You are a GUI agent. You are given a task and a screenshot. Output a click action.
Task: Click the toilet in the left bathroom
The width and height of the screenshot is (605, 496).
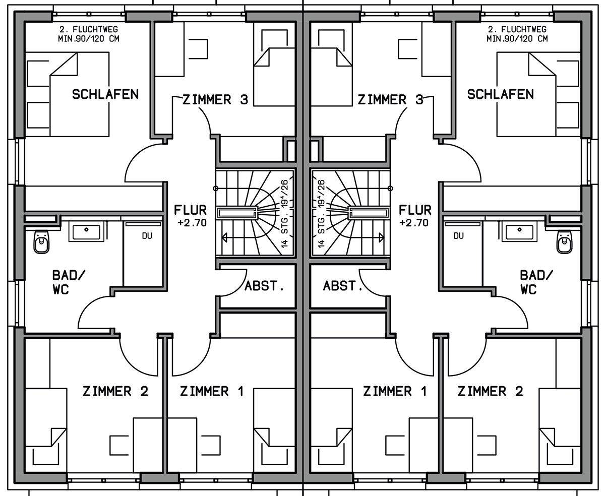(x=42, y=242)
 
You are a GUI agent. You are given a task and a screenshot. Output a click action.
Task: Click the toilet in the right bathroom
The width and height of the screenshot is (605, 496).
(x=565, y=242)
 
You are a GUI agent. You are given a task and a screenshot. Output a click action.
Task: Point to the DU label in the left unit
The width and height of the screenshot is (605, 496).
(x=147, y=236)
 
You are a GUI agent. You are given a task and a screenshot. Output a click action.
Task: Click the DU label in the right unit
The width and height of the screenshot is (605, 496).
(x=459, y=236)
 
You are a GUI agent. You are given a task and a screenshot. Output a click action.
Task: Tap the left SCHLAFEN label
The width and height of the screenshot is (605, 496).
(x=105, y=94)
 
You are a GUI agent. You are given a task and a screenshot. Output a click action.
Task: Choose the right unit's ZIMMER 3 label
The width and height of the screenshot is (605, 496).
(x=390, y=100)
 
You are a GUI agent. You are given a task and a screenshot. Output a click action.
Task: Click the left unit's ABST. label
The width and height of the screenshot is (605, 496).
(x=264, y=286)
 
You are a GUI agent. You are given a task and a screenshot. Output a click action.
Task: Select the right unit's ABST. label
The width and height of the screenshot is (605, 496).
(x=343, y=286)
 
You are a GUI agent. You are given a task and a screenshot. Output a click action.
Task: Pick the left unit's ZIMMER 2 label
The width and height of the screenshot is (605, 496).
(x=115, y=391)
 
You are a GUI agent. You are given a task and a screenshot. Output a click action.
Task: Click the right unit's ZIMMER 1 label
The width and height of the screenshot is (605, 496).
(x=395, y=391)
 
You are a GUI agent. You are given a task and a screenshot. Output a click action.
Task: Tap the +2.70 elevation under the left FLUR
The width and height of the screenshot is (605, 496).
(x=192, y=223)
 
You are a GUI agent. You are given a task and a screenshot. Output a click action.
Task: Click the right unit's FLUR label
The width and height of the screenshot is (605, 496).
(x=415, y=210)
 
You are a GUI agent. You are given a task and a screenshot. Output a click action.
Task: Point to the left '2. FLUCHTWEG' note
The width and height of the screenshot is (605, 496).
(x=89, y=29)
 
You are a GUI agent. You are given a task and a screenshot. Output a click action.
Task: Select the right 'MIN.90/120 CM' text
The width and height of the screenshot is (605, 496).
(x=517, y=38)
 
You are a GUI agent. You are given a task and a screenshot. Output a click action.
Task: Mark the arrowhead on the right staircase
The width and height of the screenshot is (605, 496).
(x=381, y=237)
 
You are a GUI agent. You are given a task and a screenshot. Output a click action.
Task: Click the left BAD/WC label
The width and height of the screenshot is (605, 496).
(x=69, y=282)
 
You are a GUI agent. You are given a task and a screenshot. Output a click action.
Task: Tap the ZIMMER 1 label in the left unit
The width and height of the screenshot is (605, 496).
(x=212, y=391)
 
